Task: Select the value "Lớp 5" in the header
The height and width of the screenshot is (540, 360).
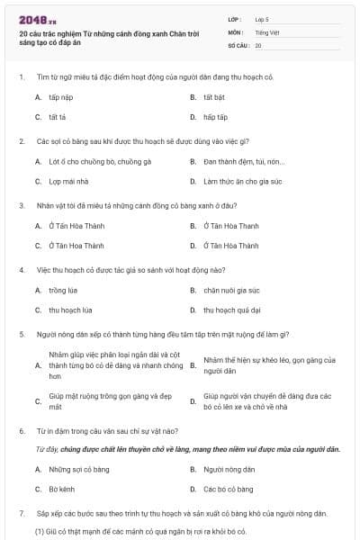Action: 263,19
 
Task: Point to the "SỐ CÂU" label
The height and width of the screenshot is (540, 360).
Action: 238,44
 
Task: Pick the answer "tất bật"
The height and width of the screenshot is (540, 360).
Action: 215,94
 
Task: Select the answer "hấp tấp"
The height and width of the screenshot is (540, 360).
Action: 215,117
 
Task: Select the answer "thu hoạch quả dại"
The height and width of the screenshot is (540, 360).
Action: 232,310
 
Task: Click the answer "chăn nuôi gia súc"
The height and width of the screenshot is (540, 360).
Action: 231,291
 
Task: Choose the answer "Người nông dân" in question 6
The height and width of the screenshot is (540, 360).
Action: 225,469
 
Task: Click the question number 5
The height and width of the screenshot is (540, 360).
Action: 21,334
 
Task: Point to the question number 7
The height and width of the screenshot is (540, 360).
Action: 21,513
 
